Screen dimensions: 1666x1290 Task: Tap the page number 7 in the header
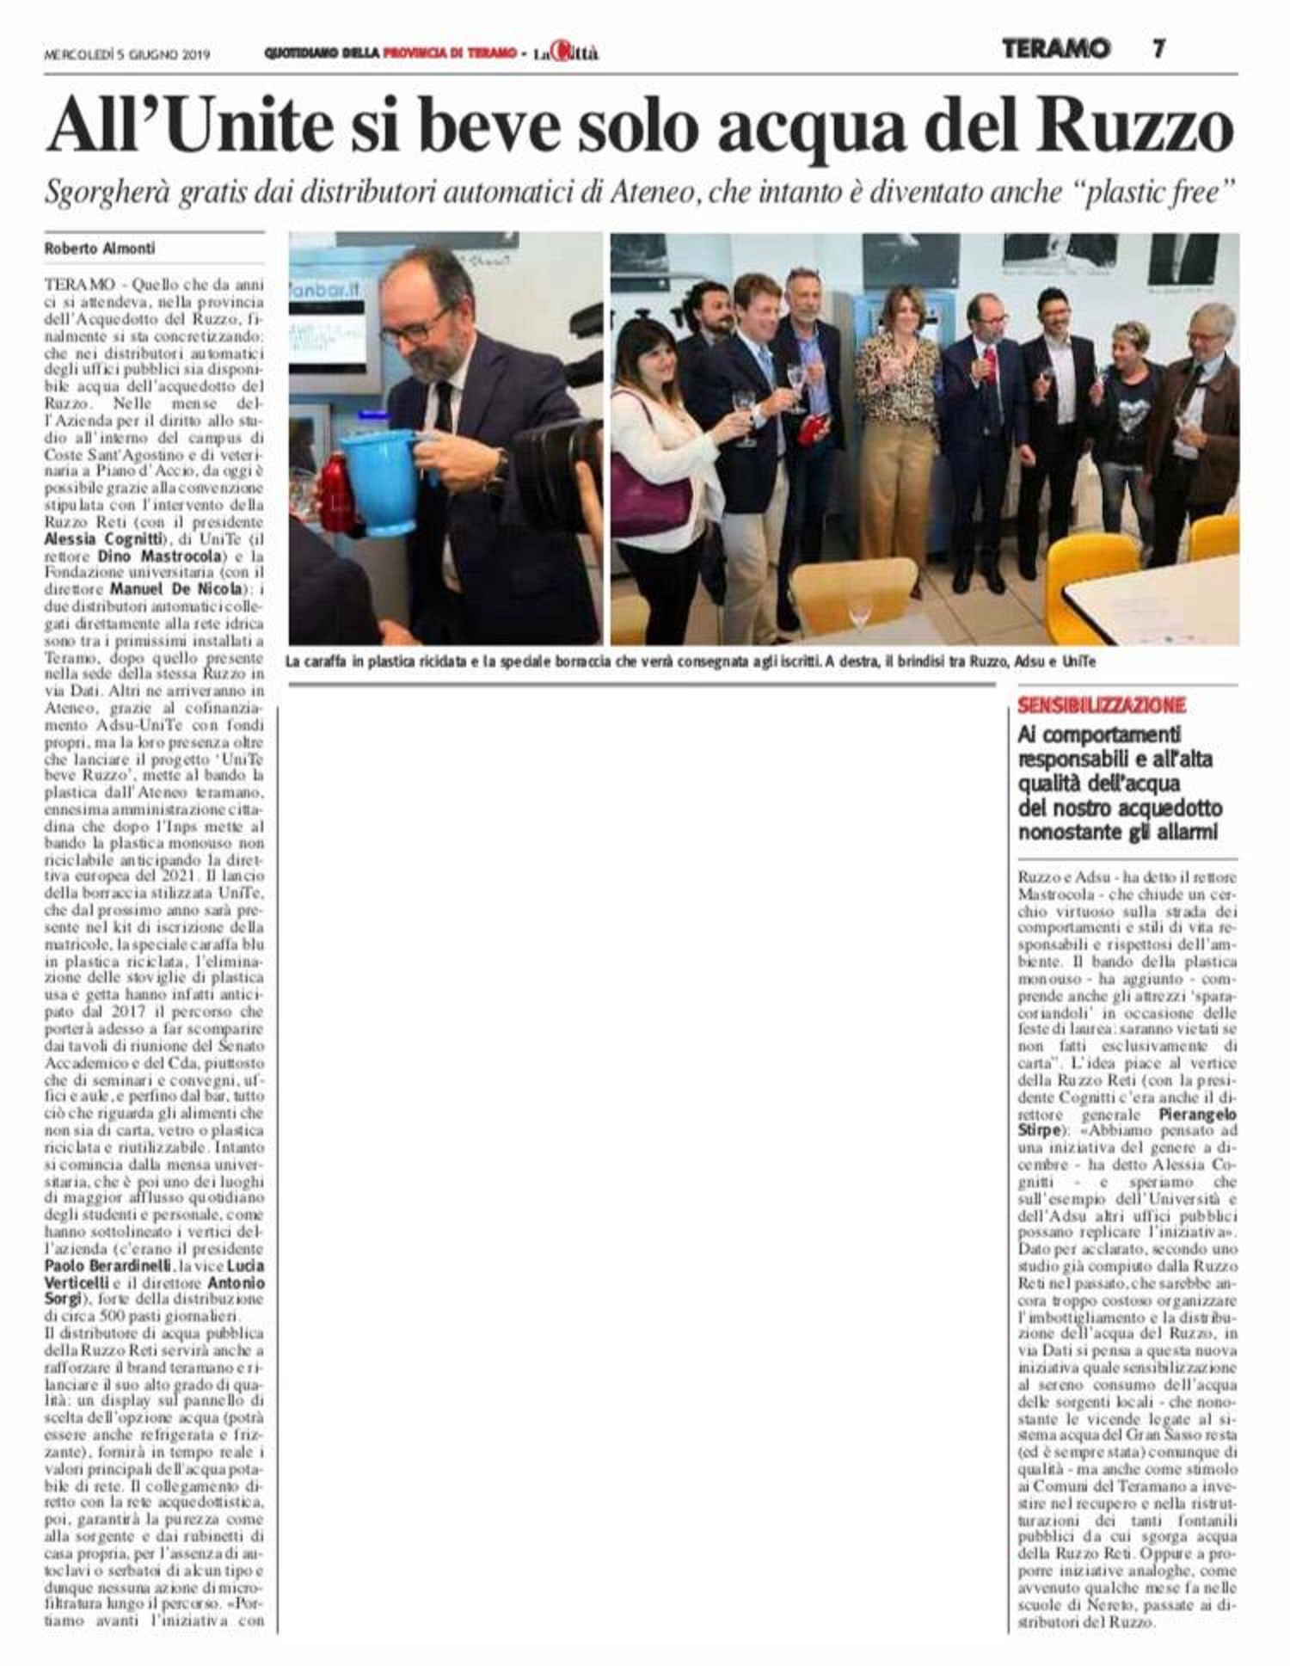point(1158,49)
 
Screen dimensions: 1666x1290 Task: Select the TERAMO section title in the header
point(1055,49)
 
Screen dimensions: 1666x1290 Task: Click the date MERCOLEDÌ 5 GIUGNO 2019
point(127,53)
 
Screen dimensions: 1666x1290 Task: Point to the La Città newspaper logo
point(565,53)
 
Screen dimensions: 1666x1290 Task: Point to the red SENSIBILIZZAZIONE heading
point(1102,706)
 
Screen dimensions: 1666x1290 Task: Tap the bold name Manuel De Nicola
point(177,589)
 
